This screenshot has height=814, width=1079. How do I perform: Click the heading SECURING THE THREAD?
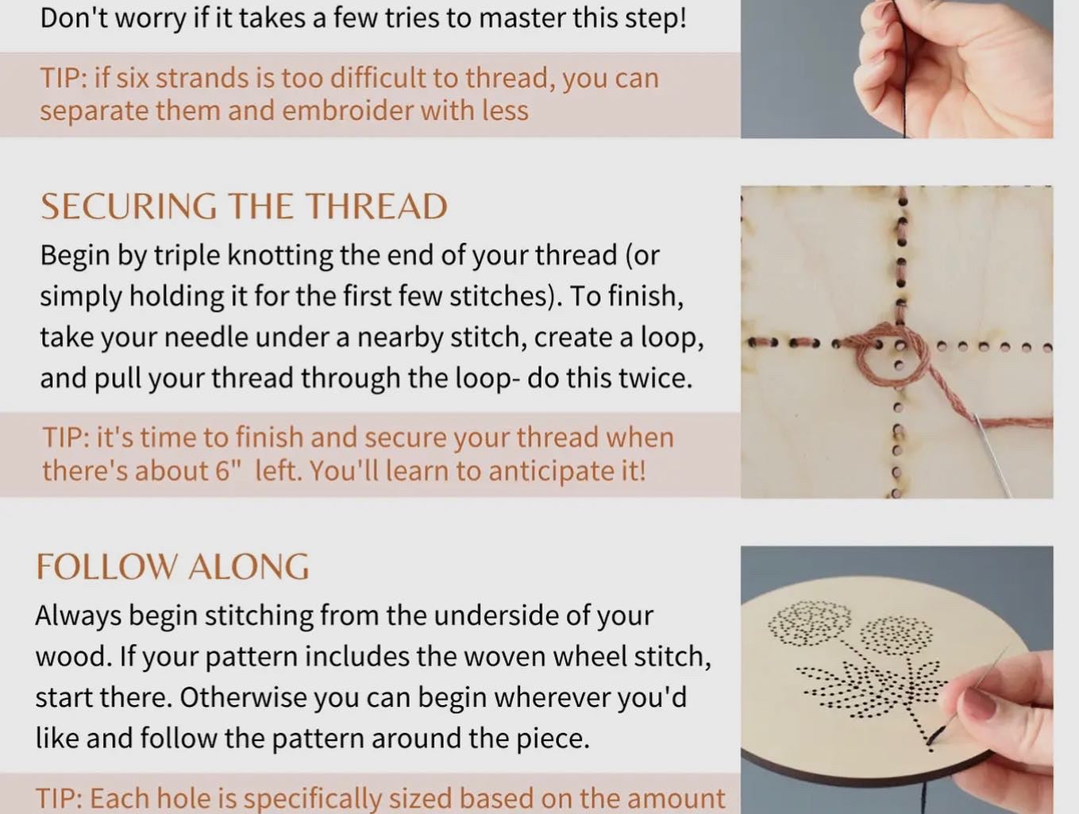click(244, 206)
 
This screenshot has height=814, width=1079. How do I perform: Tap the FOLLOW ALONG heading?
click(172, 567)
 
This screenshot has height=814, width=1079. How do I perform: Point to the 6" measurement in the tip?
click(229, 470)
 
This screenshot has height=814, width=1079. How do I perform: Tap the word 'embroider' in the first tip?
click(347, 110)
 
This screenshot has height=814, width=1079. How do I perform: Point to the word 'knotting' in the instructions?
click(279, 257)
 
